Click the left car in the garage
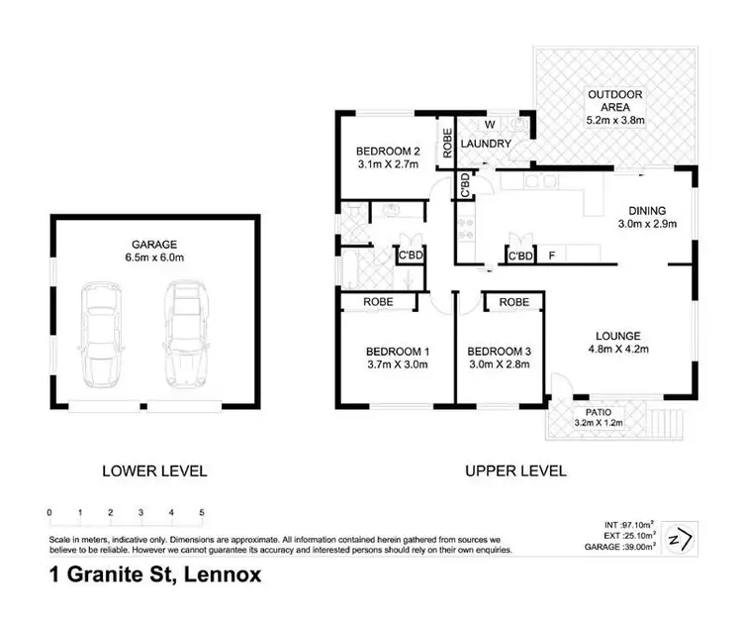[102, 334]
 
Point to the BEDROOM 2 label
[388, 152]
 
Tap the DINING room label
[646, 211]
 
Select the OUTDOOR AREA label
[614, 95]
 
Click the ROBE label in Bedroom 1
[378, 301]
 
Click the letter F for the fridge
[552, 257]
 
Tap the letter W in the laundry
[488, 126]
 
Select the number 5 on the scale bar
[203, 513]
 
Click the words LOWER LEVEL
[154, 471]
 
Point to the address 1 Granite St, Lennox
[155, 574]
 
